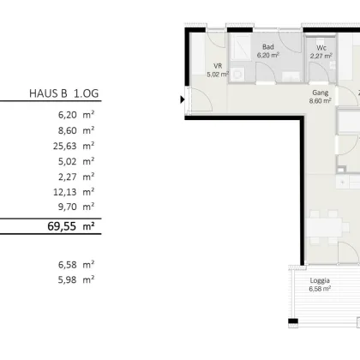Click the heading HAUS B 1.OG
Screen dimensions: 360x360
pyautogui.click(x=63, y=93)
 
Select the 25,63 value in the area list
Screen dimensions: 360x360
pyautogui.click(x=65, y=146)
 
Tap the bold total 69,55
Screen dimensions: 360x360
pyautogui.click(x=62, y=226)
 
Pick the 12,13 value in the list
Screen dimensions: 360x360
pyautogui.click(x=65, y=192)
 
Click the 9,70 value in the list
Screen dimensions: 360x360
pyautogui.click(x=68, y=207)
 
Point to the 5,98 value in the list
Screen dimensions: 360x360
pyautogui.click(x=68, y=279)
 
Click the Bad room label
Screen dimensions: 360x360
pyautogui.click(x=268, y=47)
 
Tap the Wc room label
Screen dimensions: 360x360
pyautogui.click(x=321, y=48)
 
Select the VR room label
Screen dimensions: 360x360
pyautogui.click(x=218, y=66)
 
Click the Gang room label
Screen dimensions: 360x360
pyautogui.click(x=321, y=93)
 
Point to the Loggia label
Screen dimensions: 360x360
pyautogui.click(x=320, y=280)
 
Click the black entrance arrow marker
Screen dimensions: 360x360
pyautogui.click(x=183, y=99)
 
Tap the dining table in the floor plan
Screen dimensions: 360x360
pyautogui.click(x=324, y=227)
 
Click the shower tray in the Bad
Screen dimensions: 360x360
pyautogui.click(x=240, y=47)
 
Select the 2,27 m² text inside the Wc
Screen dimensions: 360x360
pyautogui.click(x=321, y=56)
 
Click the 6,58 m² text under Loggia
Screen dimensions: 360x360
pyautogui.click(x=320, y=289)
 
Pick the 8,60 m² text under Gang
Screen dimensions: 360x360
pyautogui.click(x=320, y=101)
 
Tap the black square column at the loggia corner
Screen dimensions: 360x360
pyautogui.click(x=293, y=321)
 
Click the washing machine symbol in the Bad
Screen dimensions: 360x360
pyautogui.click(x=237, y=75)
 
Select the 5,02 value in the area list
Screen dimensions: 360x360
pyautogui.click(x=68, y=161)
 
